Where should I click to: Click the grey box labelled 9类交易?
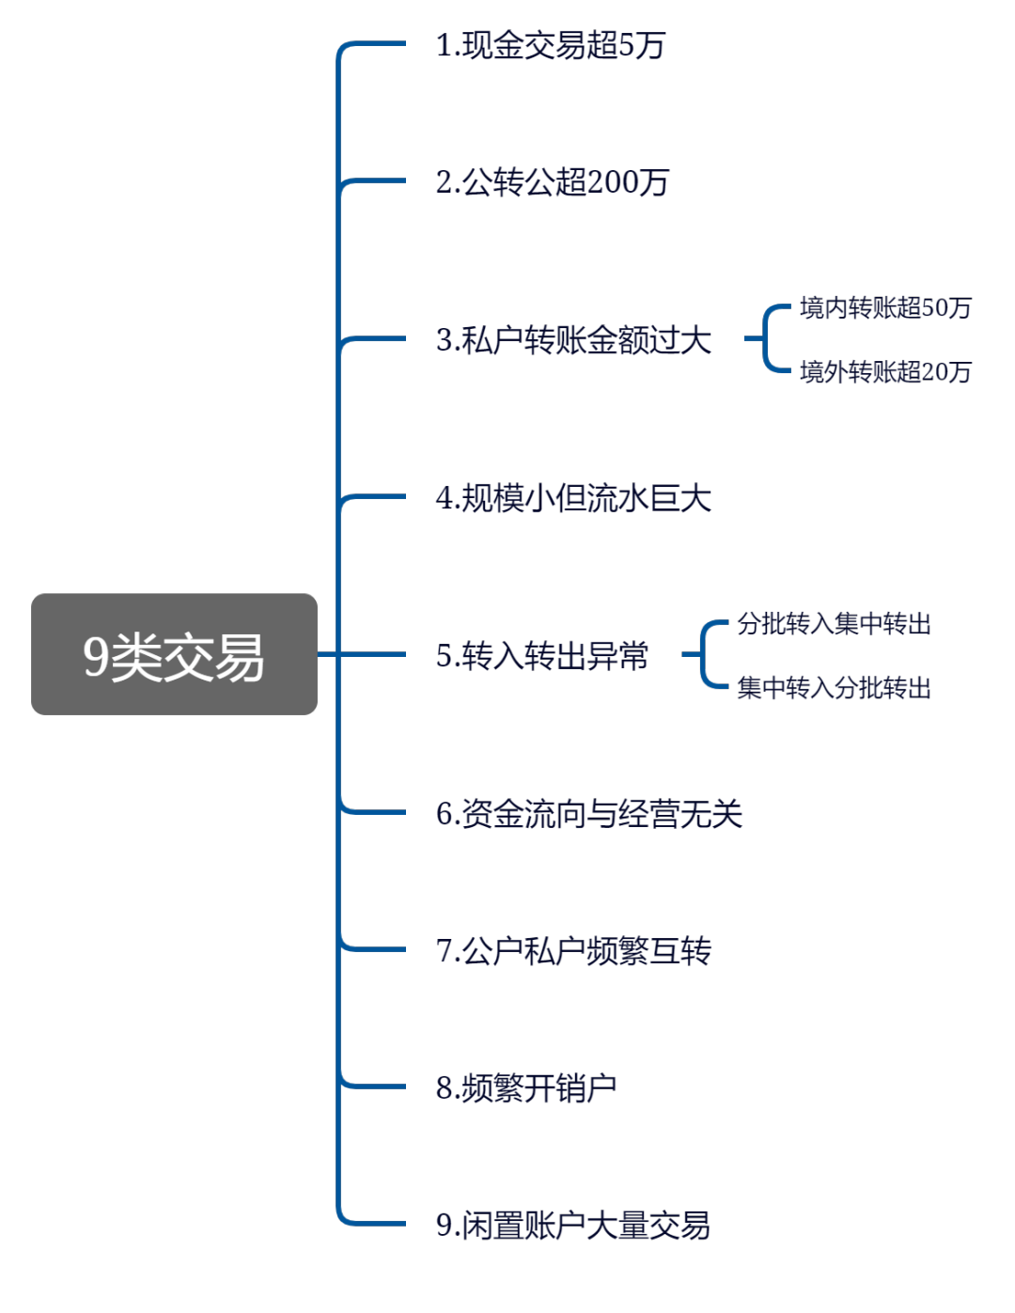(x=174, y=654)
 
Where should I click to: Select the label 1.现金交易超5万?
(x=551, y=45)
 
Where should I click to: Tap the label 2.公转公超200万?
(x=552, y=182)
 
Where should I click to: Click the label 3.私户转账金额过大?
(x=573, y=340)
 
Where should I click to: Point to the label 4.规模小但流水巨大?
(x=573, y=498)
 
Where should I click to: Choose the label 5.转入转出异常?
(x=542, y=656)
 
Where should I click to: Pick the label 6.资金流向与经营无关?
(x=589, y=814)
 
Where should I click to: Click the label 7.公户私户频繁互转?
(x=573, y=952)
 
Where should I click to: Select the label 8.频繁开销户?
(x=526, y=1088)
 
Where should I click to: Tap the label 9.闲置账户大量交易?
(x=573, y=1226)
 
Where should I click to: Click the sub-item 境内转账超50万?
(x=885, y=308)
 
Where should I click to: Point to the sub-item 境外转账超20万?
(x=885, y=372)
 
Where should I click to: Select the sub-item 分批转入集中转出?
(x=834, y=624)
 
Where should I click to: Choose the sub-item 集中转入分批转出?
(x=834, y=689)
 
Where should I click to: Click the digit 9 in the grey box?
(x=96, y=656)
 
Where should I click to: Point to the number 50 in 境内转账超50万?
(x=936, y=308)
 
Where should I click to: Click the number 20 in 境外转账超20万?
(x=936, y=372)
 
